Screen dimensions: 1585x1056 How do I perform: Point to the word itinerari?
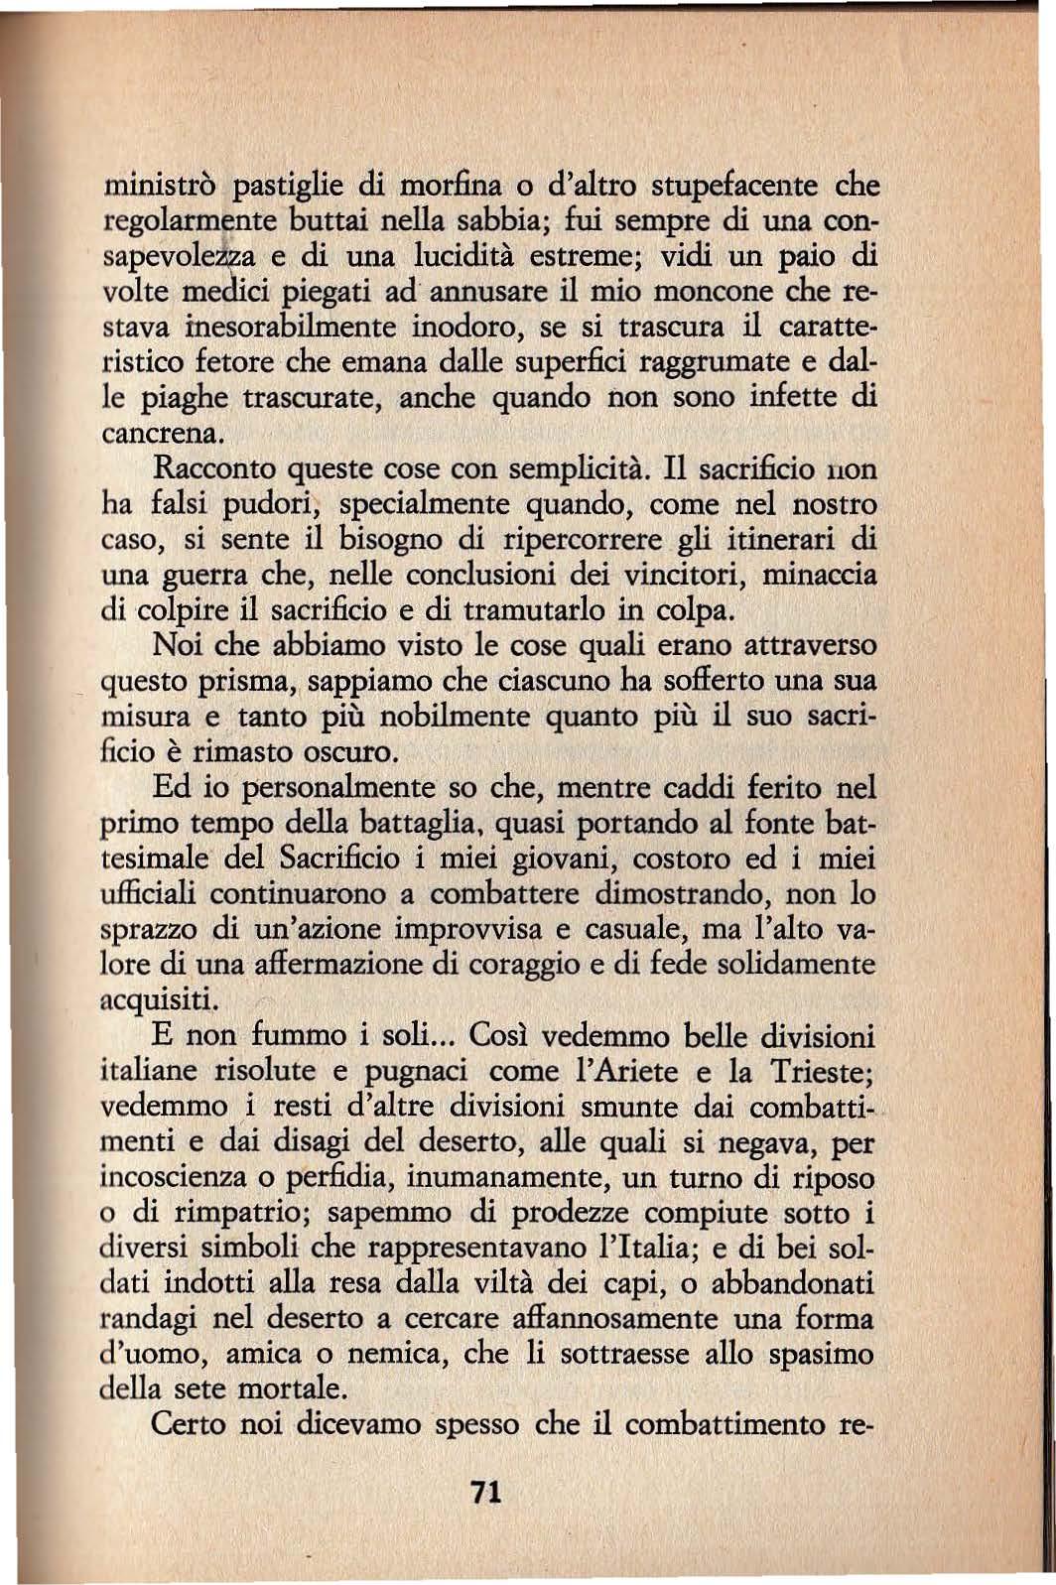pyautogui.click(x=775, y=540)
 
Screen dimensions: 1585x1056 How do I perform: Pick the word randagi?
pyautogui.click(x=152, y=1320)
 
